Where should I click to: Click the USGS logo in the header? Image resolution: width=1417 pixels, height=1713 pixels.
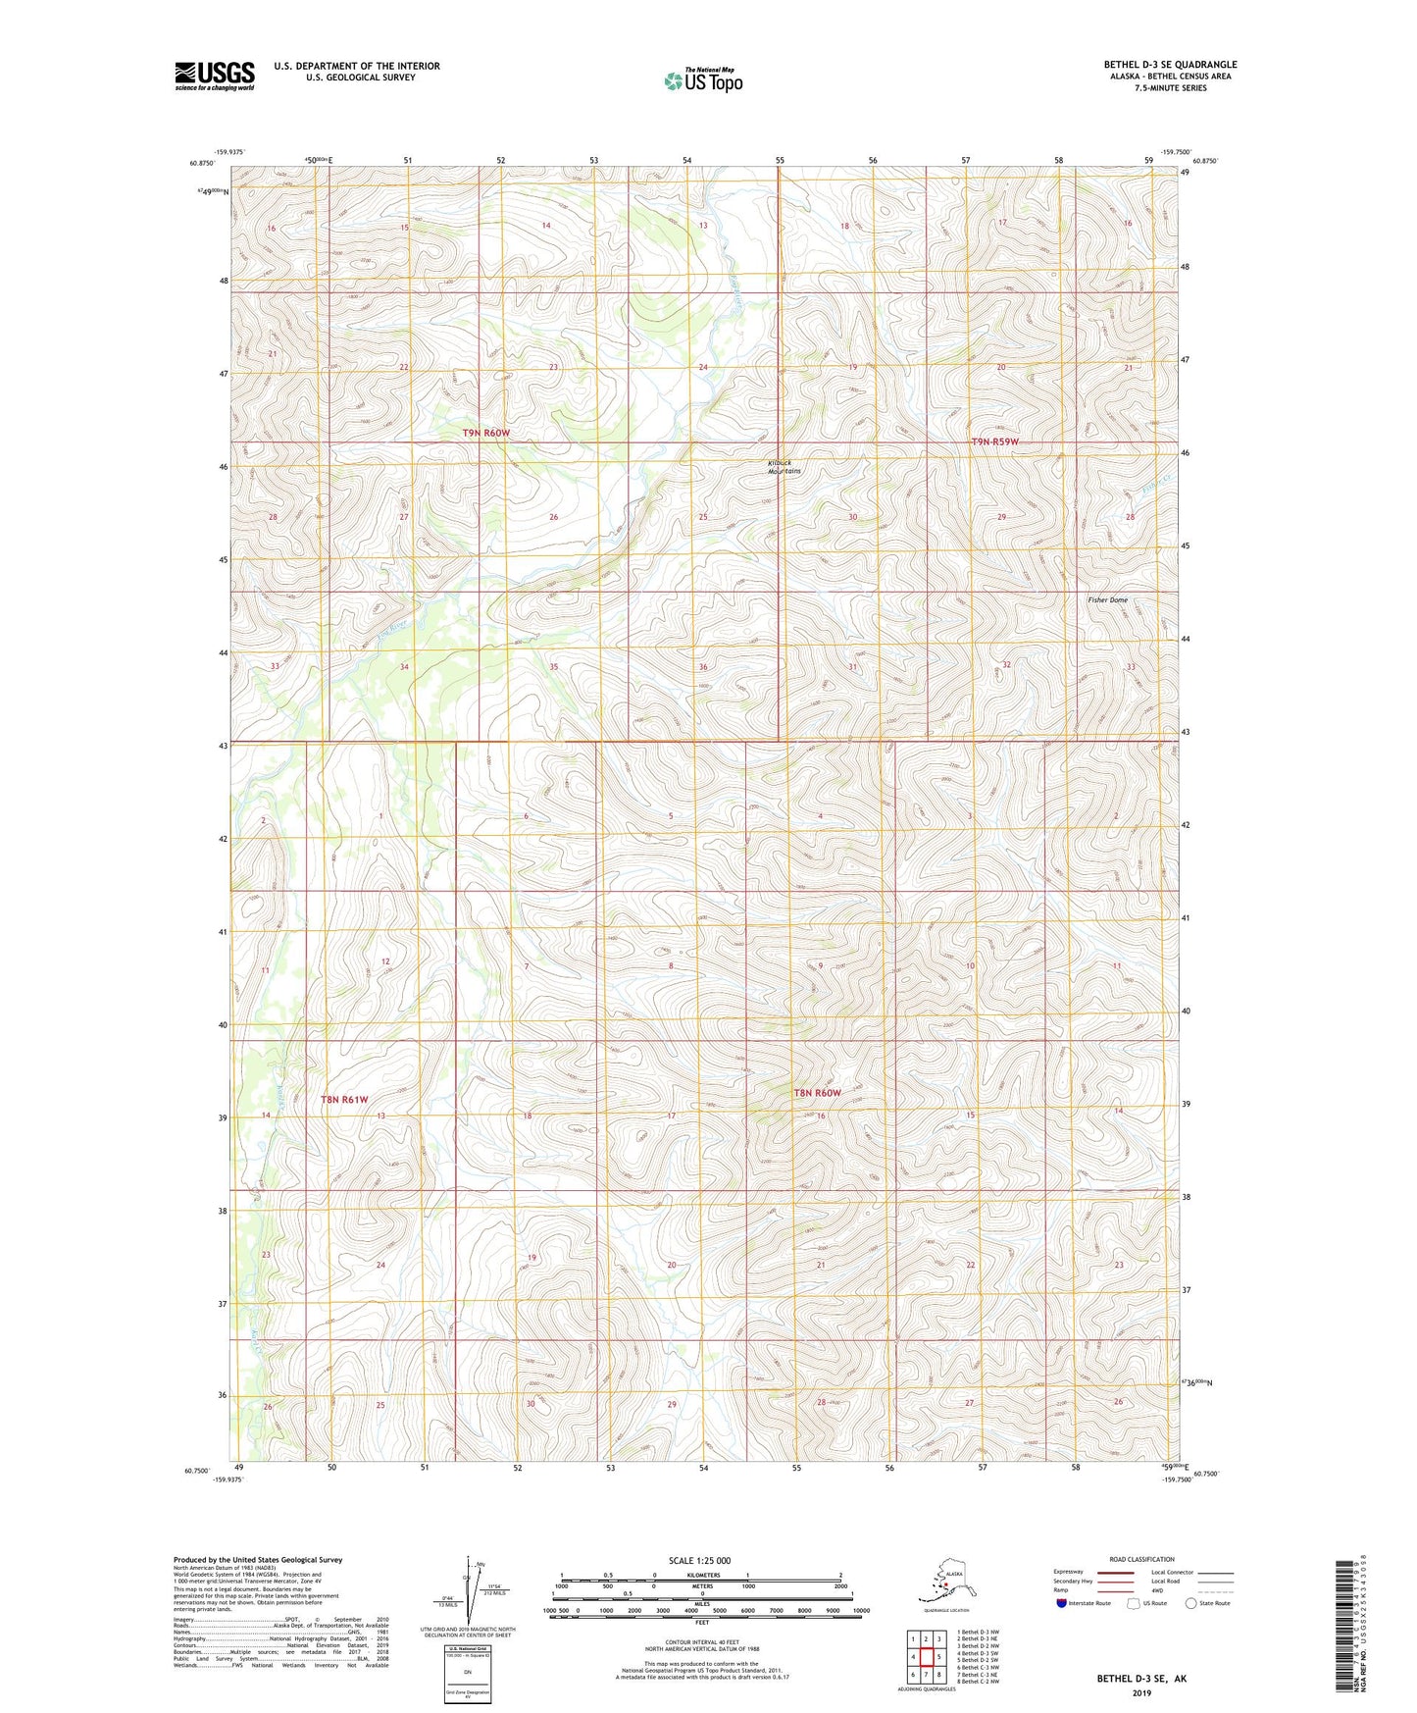click(215, 76)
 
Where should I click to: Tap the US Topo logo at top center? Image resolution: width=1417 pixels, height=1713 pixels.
click(702, 80)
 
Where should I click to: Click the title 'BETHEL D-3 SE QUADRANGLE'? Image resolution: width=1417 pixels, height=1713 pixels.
click(1170, 65)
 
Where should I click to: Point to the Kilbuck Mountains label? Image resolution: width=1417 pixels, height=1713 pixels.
click(784, 467)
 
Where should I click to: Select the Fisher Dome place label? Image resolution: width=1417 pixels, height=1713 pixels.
click(1107, 599)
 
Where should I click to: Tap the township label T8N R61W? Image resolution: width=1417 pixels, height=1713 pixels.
click(344, 1100)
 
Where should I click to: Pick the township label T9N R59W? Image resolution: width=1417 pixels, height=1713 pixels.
click(994, 441)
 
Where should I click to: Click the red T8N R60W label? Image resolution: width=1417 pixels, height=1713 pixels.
click(817, 1093)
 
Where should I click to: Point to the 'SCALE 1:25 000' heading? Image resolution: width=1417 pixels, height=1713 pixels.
click(699, 1561)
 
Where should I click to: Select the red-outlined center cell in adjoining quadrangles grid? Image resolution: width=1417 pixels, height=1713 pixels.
click(925, 1657)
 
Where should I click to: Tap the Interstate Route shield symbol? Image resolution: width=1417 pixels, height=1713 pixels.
click(1062, 1603)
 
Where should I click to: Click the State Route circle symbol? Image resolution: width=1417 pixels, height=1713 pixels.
click(1191, 1603)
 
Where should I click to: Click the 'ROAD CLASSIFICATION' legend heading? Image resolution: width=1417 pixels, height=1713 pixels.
click(1141, 1559)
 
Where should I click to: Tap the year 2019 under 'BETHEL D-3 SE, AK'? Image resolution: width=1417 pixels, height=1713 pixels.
click(1140, 1692)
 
